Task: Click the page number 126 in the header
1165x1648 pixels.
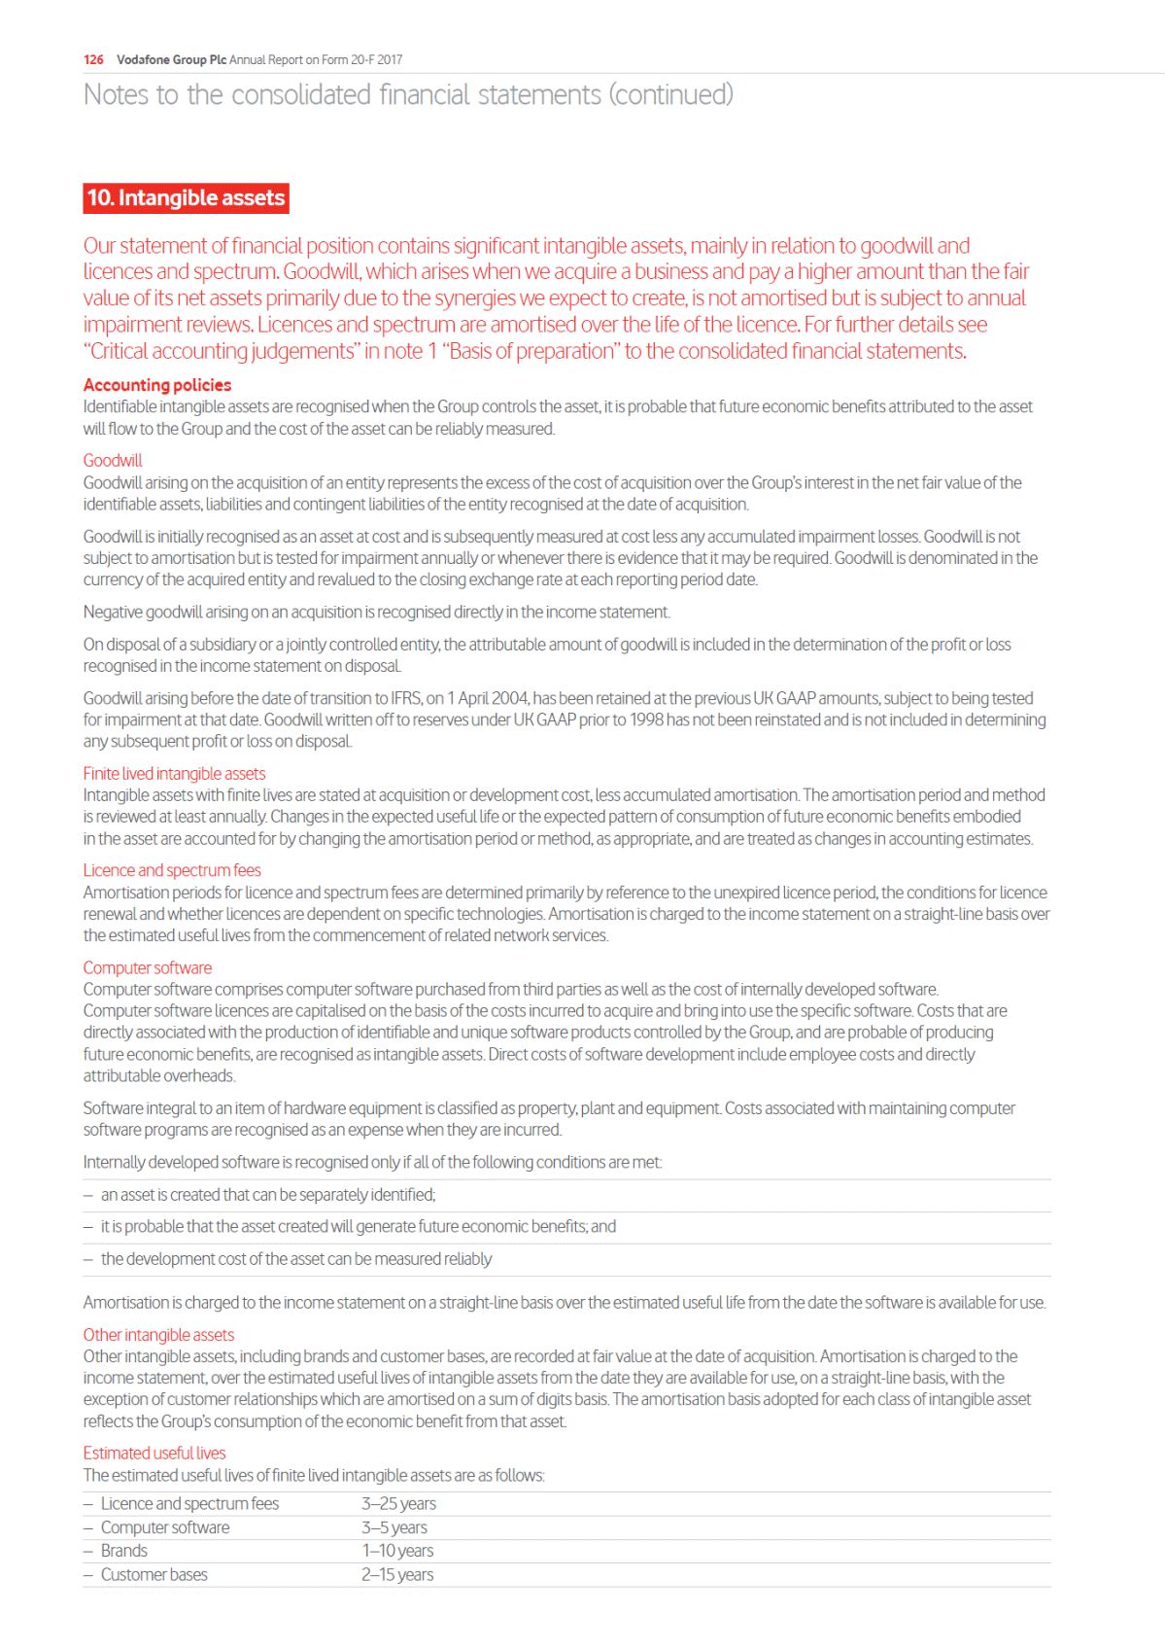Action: point(93,60)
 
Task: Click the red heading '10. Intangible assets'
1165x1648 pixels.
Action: point(186,198)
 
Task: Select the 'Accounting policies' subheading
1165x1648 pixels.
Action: point(157,385)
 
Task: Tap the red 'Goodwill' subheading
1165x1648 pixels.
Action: point(113,461)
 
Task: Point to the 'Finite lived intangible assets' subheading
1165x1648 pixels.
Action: point(174,774)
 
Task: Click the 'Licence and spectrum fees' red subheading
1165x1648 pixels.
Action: point(172,870)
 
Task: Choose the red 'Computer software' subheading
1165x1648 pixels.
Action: point(148,967)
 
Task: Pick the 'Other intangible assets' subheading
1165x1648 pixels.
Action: point(158,1335)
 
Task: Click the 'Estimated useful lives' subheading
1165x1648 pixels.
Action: point(154,1453)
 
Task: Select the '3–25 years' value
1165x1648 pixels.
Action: point(398,1503)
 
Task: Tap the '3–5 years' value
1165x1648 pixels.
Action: point(394,1527)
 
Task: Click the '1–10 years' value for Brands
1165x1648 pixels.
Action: point(397,1551)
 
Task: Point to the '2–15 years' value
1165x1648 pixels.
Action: point(397,1574)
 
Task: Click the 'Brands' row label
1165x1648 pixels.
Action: point(124,1551)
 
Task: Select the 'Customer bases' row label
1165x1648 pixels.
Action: point(154,1574)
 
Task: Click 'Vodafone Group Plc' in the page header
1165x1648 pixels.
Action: point(171,60)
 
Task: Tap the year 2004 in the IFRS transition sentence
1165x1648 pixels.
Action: point(510,698)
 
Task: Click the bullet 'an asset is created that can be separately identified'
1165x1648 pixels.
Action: point(268,1195)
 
